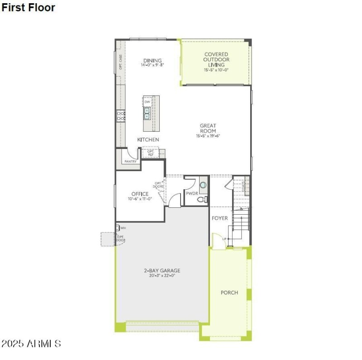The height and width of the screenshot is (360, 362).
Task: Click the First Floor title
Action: tap(28, 8)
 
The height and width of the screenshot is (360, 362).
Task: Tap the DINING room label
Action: tap(152, 61)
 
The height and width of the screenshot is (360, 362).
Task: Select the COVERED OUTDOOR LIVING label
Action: tap(216, 59)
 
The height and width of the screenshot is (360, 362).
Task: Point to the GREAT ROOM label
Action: tap(208, 128)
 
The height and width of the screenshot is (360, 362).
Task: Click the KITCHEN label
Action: tap(148, 139)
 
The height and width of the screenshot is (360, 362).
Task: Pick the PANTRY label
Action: tap(130, 161)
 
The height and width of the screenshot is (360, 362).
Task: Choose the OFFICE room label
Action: tap(140, 194)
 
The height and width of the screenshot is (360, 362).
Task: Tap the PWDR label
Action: tap(192, 193)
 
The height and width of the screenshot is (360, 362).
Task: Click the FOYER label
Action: tap(220, 218)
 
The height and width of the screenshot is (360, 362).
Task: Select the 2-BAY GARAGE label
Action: tap(162, 270)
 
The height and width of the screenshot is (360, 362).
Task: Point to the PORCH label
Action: tap(229, 293)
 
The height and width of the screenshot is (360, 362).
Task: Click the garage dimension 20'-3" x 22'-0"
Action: tap(162, 275)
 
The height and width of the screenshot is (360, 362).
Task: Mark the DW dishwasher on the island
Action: tap(148, 102)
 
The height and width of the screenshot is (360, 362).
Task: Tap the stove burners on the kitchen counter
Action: tap(121, 115)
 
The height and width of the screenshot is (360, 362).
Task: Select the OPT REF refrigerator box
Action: tap(151, 153)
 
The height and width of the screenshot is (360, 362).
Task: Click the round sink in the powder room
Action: tap(203, 185)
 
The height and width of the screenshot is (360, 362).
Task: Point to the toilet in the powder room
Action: tap(202, 199)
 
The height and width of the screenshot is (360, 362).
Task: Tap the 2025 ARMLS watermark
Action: tap(31, 344)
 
